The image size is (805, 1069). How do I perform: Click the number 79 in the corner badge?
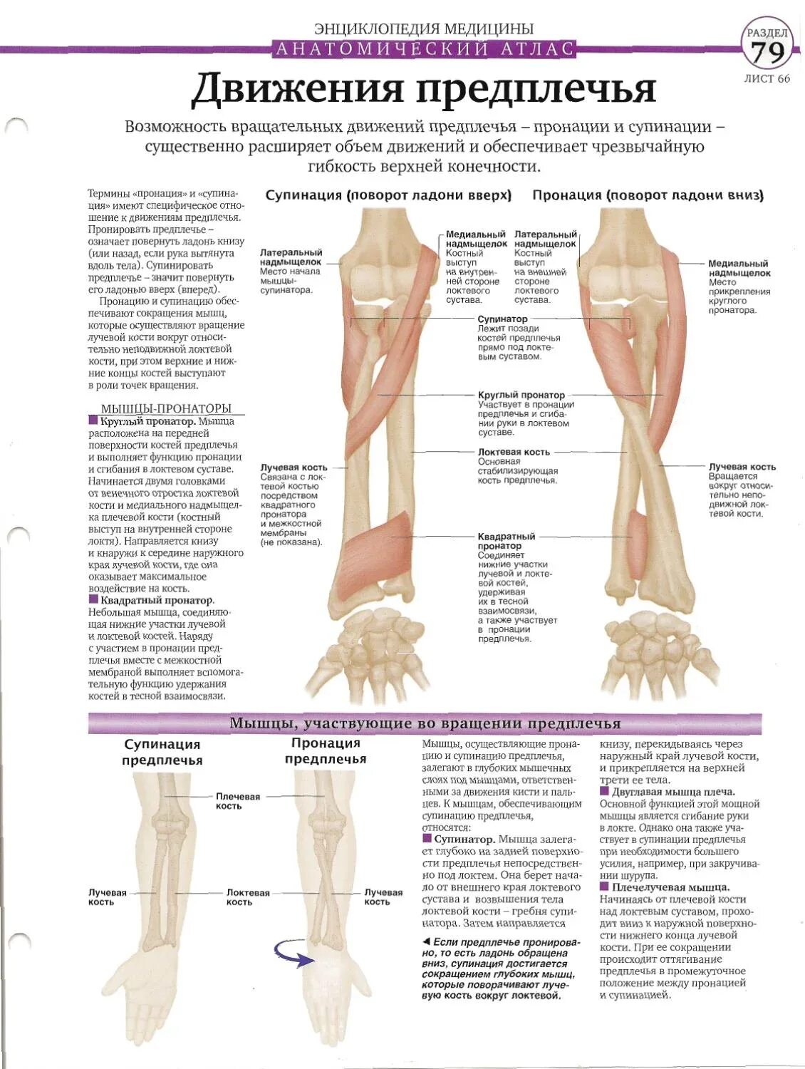[x=767, y=52]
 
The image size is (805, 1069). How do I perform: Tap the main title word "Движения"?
[x=298, y=90]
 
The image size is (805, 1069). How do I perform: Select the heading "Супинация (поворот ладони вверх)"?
[x=388, y=195]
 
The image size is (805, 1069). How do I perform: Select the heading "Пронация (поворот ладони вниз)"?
[x=648, y=195]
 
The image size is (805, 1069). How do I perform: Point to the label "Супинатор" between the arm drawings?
[x=502, y=319]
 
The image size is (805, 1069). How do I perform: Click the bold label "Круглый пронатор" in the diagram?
[x=521, y=395]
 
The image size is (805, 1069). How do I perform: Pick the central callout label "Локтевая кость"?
[x=514, y=452]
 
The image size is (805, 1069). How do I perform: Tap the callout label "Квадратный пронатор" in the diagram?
[x=506, y=541]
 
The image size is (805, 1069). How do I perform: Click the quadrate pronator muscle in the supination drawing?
[x=375, y=559]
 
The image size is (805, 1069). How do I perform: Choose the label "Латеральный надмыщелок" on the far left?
[x=291, y=257]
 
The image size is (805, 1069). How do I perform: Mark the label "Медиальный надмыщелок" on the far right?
[x=739, y=268]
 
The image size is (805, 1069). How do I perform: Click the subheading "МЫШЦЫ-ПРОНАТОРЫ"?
[x=166, y=408]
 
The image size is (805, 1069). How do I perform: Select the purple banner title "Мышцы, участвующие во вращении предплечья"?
[x=425, y=723]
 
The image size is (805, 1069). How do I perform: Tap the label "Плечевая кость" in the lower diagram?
[x=238, y=801]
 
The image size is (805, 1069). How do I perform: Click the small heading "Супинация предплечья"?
[x=162, y=752]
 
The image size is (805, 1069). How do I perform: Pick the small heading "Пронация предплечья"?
[x=326, y=750]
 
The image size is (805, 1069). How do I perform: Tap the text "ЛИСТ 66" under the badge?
[x=767, y=79]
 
